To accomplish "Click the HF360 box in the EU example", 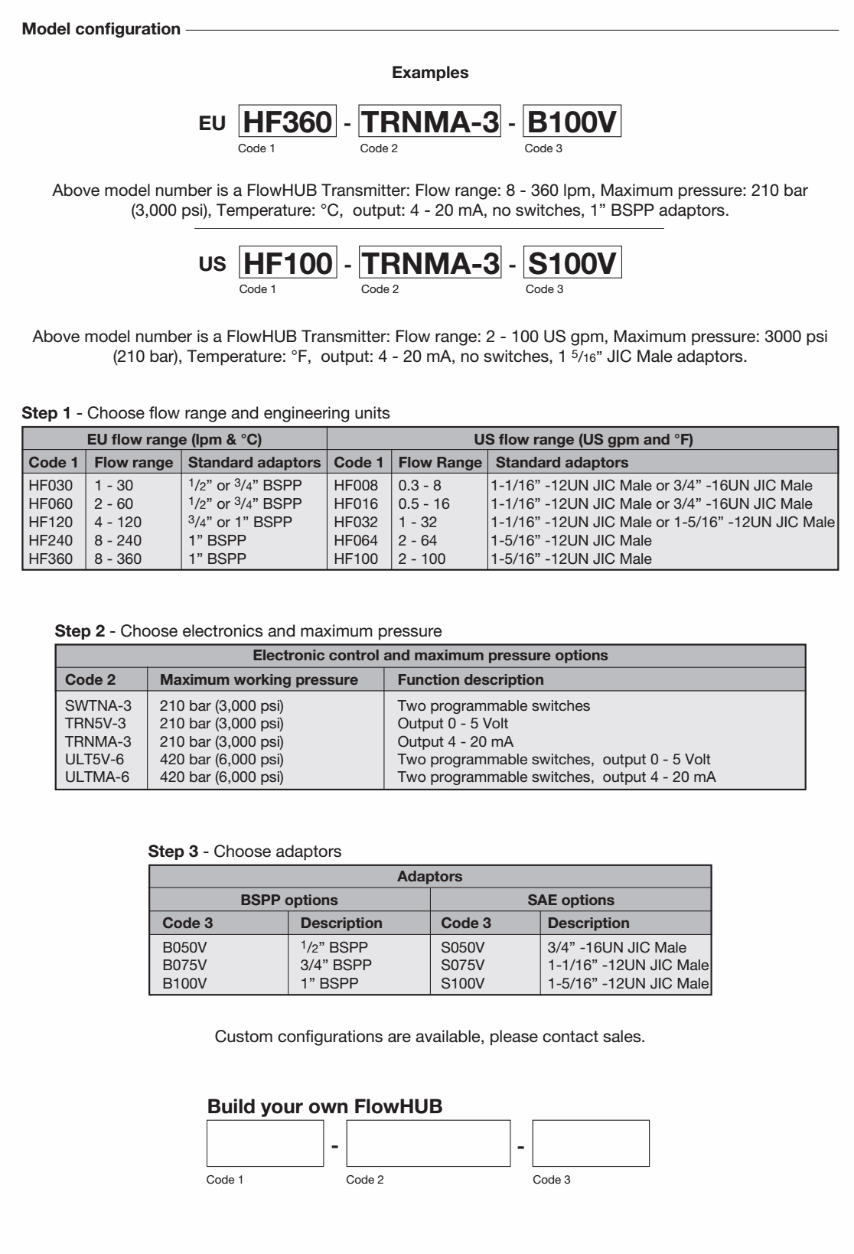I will pos(288,122).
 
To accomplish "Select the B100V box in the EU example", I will pos(572,122).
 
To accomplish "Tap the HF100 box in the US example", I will pos(288,263).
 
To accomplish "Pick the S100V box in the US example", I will pos(572,263).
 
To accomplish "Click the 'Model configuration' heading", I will pos(101,30).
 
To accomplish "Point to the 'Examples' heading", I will pos(430,73).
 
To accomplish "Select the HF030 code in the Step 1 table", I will pos(51,485).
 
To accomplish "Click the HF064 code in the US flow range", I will pos(356,540).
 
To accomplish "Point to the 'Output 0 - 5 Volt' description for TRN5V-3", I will pos(453,723).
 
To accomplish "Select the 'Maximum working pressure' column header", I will pos(259,679).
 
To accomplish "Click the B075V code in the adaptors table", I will pos(184,965).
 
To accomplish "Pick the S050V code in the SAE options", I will pos(463,947).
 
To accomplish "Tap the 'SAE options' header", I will pos(571,900).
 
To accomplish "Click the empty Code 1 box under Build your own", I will pos(265,1143).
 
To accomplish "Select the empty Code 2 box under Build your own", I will pos(429,1143).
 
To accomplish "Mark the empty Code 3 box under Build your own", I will pos(591,1143).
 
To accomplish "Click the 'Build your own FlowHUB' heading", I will pos(324,1106).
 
